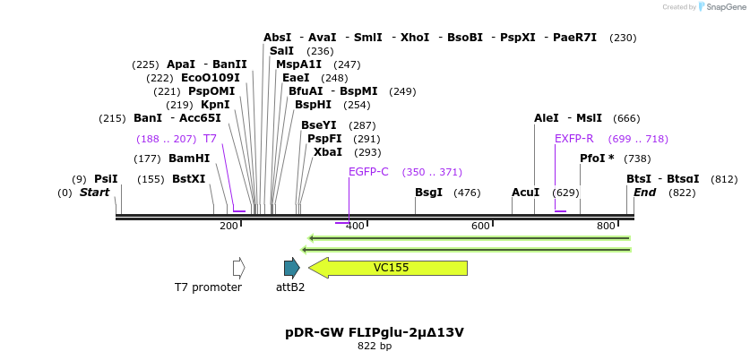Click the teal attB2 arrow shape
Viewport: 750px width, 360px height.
[x=291, y=267]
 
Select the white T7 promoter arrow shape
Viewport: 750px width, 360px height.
[x=238, y=267]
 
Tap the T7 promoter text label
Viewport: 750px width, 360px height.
[x=208, y=287]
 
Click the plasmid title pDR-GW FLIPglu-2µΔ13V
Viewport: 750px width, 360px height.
[x=375, y=332]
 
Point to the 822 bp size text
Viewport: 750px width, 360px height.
[x=375, y=346]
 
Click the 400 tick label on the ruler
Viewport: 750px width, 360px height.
[x=355, y=226]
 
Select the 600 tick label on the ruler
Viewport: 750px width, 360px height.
[x=480, y=226]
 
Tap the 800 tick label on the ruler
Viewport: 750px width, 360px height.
[x=606, y=226]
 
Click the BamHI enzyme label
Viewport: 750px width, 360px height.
[x=189, y=159]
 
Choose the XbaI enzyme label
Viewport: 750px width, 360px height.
[x=328, y=152]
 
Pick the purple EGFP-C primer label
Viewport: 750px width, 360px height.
[x=368, y=172]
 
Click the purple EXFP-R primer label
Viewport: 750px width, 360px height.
[x=573, y=139]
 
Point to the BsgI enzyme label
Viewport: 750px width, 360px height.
[x=428, y=193]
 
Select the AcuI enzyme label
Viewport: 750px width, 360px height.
[x=525, y=193]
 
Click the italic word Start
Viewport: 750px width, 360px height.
[x=94, y=193]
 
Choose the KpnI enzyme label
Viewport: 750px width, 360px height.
[x=215, y=105]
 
